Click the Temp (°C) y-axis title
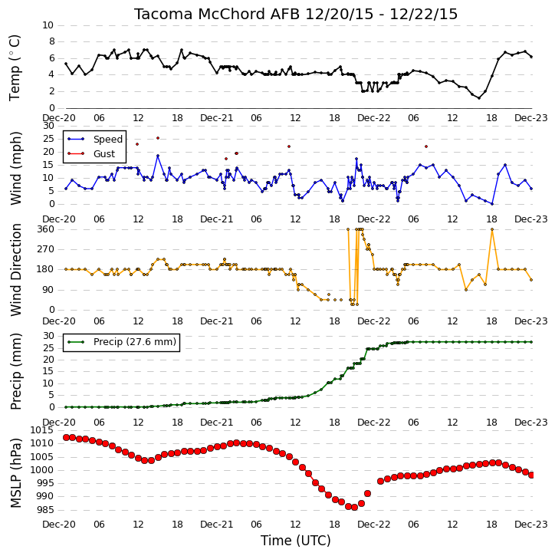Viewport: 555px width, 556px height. coord(15,68)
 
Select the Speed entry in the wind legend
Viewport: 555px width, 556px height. coord(108,140)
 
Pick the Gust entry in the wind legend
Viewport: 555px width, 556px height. coord(103,154)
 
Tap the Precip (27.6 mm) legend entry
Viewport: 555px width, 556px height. coord(135,342)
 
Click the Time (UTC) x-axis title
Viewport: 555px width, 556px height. coord(296,541)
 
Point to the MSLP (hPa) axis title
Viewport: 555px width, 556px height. coord(15,473)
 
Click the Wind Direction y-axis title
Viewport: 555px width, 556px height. coord(15,270)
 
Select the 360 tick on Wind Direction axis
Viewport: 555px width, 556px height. coord(47,229)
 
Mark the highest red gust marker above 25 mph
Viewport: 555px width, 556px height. coord(158,138)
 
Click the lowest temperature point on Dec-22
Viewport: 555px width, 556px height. coord(479,98)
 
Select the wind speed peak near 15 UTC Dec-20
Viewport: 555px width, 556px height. coord(158,156)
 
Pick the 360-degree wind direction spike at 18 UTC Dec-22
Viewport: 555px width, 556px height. coord(492,229)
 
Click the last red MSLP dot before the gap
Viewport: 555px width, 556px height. coord(367,494)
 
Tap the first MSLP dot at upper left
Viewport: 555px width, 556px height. coord(66,438)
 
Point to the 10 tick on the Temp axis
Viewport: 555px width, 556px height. coord(48,25)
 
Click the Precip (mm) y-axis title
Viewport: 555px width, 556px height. coord(15,372)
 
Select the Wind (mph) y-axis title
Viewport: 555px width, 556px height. coord(15,169)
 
